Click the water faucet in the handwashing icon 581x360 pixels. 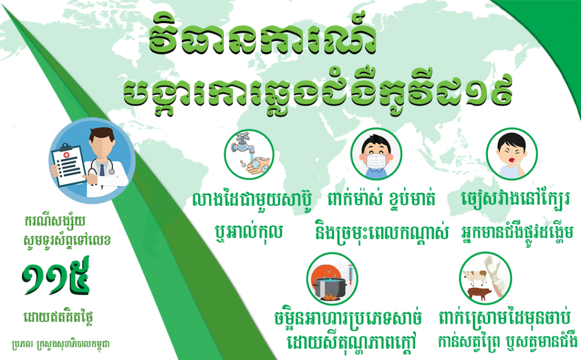pos(242,145)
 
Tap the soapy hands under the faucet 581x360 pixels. pos(258,165)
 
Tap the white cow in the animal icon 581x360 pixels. pos(474,277)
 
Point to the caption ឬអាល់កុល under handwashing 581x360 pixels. pos(249,232)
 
